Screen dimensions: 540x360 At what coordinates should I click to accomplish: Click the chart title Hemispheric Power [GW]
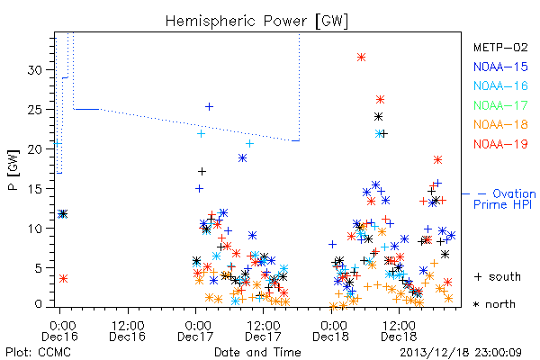256,21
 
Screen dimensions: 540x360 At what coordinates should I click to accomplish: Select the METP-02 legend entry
500,47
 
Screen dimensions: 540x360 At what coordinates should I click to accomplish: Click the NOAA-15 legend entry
500,67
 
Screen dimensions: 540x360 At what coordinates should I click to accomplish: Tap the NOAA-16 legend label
500,85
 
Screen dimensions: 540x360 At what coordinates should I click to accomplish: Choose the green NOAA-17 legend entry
500,105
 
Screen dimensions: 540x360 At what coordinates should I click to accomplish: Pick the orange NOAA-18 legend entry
500,124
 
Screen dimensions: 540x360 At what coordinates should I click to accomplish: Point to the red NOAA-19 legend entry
500,144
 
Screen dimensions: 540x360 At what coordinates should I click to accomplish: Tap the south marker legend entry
498,276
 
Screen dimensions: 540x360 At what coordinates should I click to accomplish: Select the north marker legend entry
494,304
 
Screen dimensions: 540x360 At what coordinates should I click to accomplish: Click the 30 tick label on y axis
34,70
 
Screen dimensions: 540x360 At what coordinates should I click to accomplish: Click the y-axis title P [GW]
13,170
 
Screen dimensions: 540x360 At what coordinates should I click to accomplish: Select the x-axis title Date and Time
257,352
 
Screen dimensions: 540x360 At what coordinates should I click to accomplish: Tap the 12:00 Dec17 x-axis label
263,330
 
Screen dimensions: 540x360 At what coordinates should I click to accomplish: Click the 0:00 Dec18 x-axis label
330,330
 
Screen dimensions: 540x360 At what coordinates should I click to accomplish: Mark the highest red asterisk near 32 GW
361,58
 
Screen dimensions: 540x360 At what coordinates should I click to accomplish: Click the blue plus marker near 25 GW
209,107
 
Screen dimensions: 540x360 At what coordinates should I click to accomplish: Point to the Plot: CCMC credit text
38,352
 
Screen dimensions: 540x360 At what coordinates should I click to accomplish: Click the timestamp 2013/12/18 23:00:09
461,353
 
